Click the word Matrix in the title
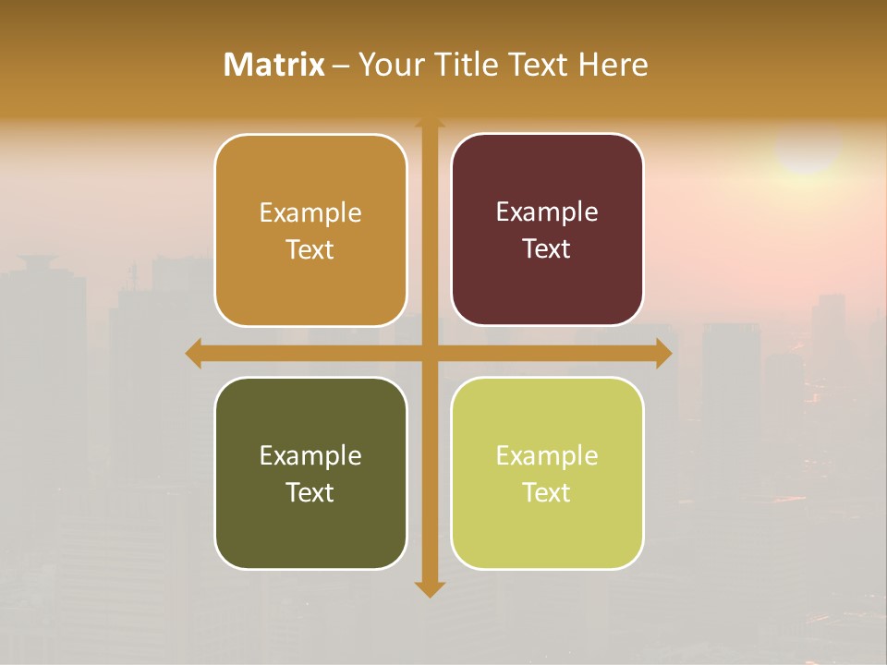click(x=274, y=65)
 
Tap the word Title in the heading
click(x=463, y=65)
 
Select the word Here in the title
click(x=613, y=65)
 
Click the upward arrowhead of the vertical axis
click(x=429, y=123)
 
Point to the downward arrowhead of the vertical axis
click(x=429, y=588)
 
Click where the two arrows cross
click(x=429, y=353)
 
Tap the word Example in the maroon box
click(x=547, y=212)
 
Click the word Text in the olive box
click(x=310, y=492)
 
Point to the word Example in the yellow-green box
click(x=547, y=455)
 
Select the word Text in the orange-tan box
click(x=310, y=249)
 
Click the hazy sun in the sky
click(x=808, y=148)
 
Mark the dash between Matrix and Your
click(x=341, y=66)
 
